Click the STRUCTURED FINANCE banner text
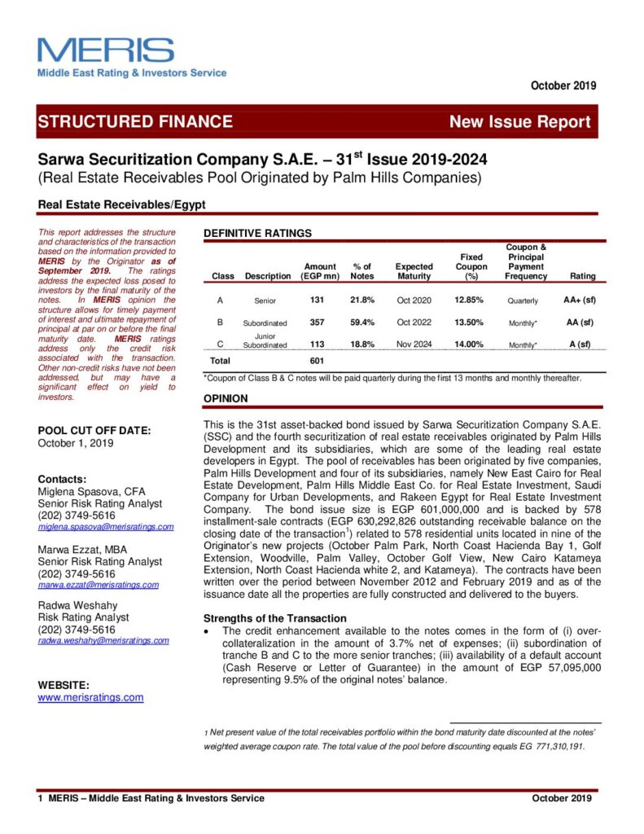135,122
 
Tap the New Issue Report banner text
520,122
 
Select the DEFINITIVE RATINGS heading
257,233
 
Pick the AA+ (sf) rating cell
578,300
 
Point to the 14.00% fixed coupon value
470,345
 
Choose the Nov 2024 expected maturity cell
414,345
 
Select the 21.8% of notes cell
361,300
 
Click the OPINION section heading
226,399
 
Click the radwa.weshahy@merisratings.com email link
103,641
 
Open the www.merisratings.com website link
91,698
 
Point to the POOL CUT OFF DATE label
95,430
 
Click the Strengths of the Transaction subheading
274,618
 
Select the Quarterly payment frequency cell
523,301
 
